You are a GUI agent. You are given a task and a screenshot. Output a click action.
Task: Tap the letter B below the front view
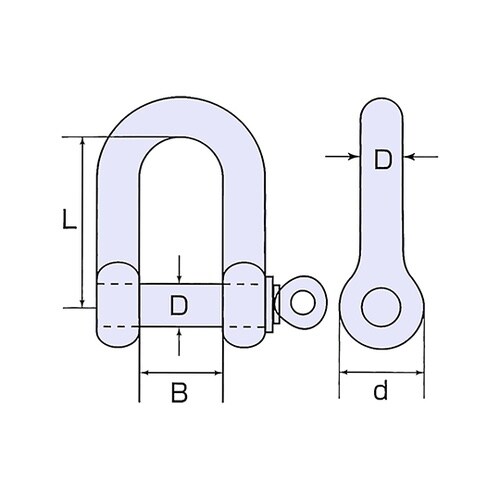[x=180, y=392]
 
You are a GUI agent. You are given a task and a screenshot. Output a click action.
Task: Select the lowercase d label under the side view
[x=380, y=392]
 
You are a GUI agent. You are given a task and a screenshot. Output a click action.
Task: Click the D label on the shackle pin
[x=179, y=305]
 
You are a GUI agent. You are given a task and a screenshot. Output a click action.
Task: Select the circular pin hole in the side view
[x=380, y=307]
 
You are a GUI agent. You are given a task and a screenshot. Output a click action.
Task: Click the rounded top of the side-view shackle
[x=382, y=108]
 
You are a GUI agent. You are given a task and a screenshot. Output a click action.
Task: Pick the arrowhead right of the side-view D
[x=411, y=156]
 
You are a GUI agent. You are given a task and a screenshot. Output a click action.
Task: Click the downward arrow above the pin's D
[x=179, y=279]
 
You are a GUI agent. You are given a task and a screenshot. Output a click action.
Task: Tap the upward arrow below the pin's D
[x=179, y=333]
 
